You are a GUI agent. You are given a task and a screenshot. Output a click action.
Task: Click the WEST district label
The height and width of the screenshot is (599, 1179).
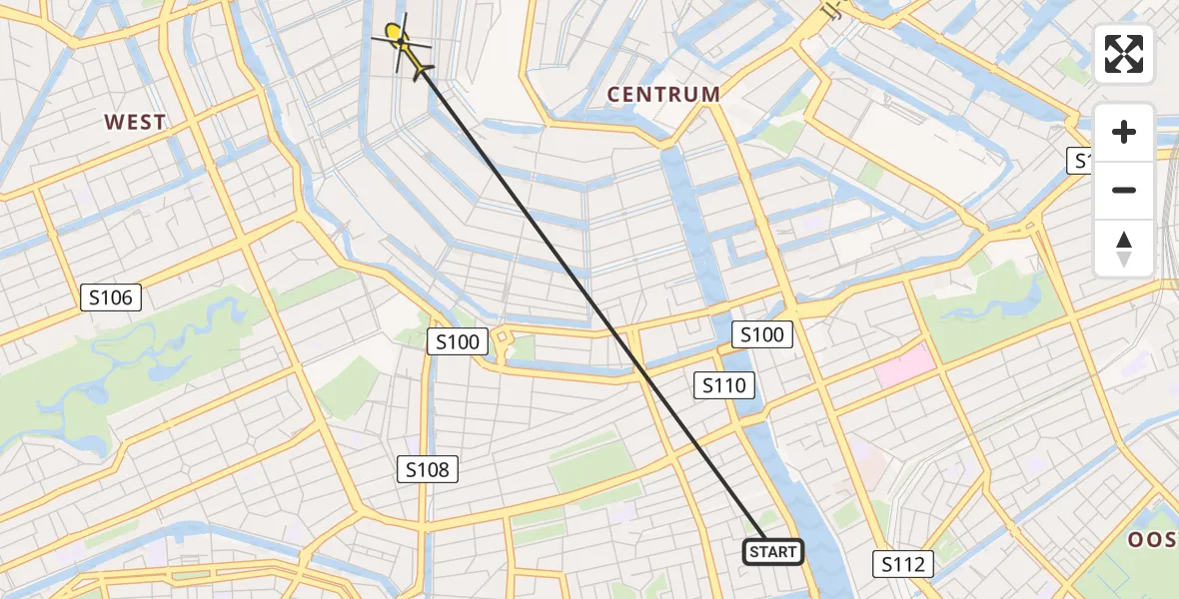point(135,122)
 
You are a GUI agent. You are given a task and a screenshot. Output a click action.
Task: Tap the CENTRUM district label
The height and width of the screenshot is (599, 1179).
point(664,95)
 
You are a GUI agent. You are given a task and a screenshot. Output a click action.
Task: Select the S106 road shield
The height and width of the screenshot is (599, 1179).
point(111,297)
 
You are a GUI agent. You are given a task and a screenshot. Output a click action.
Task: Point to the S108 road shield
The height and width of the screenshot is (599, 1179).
point(428,468)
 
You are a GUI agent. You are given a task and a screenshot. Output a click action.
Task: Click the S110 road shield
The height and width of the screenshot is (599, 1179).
point(723,384)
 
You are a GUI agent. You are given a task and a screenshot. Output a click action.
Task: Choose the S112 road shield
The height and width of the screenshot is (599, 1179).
point(903,564)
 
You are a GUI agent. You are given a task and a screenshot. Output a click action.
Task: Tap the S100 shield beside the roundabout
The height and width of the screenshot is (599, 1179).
point(458,342)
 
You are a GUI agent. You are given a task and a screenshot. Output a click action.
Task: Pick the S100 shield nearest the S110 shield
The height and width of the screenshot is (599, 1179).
point(761,334)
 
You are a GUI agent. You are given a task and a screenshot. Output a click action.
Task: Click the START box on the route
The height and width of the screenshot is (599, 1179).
point(773,552)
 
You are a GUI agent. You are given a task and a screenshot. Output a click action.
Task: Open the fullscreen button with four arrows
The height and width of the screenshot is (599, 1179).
point(1124,54)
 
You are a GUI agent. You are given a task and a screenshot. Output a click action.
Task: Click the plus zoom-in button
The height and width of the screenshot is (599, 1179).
point(1124,132)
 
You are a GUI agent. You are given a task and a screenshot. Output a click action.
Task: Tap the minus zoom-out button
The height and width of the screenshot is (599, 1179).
point(1124,190)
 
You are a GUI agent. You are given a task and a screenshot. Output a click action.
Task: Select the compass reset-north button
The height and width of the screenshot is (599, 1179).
point(1124,248)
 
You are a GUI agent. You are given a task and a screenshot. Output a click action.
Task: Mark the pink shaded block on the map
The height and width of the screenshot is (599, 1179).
point(906,368)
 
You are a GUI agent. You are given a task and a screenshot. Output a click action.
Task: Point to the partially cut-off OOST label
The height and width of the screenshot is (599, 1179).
point(1155,540)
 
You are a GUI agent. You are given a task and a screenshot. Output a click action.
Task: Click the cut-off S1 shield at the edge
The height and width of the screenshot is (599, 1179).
point(1080,161)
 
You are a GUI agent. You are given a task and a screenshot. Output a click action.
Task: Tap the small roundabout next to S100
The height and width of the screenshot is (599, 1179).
point(503,340)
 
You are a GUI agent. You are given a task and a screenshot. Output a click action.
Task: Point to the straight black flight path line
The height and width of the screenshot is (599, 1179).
point(589,299)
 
